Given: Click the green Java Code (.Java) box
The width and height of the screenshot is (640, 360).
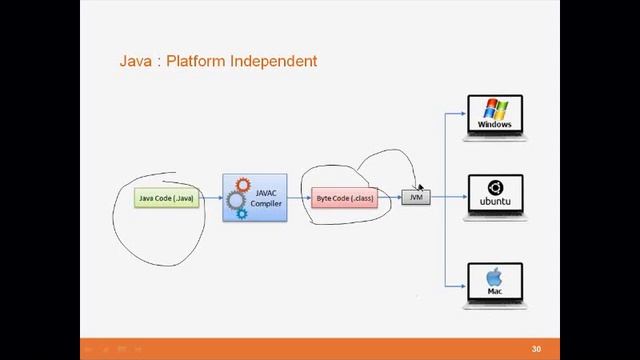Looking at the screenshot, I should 166,198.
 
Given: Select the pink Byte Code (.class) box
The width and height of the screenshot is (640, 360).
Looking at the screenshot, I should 345,198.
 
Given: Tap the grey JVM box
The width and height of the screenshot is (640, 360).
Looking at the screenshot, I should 416,198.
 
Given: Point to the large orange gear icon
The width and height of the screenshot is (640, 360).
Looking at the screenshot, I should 241,185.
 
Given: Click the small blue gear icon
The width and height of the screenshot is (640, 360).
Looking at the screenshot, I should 241,214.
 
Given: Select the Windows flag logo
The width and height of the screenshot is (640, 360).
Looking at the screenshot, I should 494,109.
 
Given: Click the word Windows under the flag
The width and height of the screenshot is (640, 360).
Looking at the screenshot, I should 494,125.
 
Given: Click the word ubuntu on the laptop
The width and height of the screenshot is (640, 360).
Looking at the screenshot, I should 494,202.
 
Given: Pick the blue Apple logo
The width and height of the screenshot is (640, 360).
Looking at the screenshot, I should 494,277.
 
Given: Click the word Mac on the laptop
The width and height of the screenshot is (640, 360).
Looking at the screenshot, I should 494,291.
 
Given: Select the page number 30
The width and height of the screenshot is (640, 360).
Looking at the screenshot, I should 536,349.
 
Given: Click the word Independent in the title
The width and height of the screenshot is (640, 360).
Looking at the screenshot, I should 273,61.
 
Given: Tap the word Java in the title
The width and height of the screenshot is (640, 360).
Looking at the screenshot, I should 135,61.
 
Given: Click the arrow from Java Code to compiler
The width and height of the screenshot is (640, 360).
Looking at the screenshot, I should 210,198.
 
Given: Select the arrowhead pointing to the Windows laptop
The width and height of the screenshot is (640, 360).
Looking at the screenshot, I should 463,113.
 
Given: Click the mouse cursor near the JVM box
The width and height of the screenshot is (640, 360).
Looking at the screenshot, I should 421,187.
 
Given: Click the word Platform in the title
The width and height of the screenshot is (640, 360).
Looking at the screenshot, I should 196,61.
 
